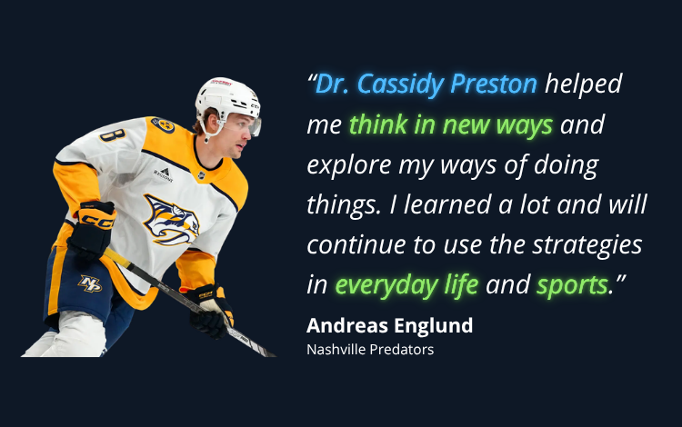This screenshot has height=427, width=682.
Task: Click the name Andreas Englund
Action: click(389, 326)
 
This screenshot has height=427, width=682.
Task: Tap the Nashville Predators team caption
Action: click(370, 349)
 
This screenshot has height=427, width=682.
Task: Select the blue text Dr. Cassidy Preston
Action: click(426, 84)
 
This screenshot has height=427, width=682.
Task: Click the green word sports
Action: click(572, 285)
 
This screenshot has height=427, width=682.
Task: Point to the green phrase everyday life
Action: click(406, 285)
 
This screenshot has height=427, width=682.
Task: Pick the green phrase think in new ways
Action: click(451, 124)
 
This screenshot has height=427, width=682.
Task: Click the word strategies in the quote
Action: click(587, 245)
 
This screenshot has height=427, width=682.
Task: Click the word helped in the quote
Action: click(584, 84)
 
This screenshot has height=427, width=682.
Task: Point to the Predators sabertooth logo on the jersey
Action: click(171, 219)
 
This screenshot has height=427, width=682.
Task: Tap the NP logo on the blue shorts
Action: click(90, 283)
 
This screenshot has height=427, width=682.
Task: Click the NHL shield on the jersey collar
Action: click(201, 175)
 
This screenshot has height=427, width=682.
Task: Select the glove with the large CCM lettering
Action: click(92, 229)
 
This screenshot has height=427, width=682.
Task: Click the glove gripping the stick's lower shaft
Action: click(210, 310)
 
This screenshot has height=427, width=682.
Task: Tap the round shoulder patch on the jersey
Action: click(163, 125)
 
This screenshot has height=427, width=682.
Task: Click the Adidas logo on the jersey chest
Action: click(164, 174)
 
